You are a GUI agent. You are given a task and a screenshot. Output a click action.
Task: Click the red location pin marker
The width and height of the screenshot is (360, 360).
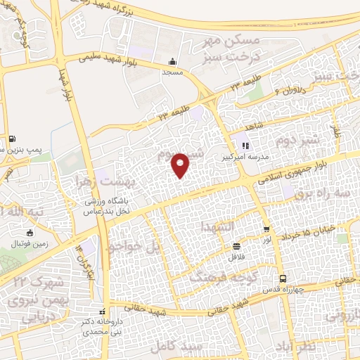pos(181,165)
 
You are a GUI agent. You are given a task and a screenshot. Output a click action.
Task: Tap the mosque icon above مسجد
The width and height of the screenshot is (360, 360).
pos(173,61)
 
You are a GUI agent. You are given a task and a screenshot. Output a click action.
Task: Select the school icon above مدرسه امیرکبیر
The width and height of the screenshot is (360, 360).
pos(245,146)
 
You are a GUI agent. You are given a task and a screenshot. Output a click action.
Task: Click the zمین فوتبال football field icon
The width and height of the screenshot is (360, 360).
pos(30,233)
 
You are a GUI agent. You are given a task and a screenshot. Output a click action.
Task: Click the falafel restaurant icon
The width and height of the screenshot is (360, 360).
pos(237,246)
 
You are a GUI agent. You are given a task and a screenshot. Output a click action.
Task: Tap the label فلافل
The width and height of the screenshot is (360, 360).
pos(236,257)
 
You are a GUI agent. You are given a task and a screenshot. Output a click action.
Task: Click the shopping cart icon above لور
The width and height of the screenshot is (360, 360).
pos(266,229)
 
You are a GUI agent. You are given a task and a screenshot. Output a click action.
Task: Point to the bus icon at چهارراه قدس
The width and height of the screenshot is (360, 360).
pos(283,278)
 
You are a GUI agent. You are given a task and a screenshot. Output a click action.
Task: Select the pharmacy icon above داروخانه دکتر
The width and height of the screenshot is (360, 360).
pos(103,311)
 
